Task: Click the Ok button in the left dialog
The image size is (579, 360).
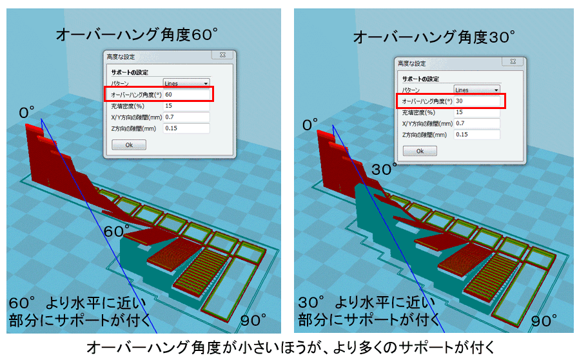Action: pos(129,145)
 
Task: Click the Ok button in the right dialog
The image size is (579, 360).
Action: pos(420,151)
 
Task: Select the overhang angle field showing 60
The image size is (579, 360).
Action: pos(186,94)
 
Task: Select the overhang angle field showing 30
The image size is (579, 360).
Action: pos(477,101)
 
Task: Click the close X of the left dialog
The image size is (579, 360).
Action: pos(221,55)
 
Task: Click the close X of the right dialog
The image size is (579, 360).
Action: pos(512,62)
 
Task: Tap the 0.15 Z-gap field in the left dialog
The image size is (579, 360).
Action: pos(186,128)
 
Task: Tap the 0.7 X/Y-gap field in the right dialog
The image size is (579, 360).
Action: pos(477,123)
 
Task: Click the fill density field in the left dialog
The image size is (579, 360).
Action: pos(186,106)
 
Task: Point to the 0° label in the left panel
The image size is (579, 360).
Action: pos(28,113)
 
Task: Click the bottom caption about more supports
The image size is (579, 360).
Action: pos(290,348)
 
